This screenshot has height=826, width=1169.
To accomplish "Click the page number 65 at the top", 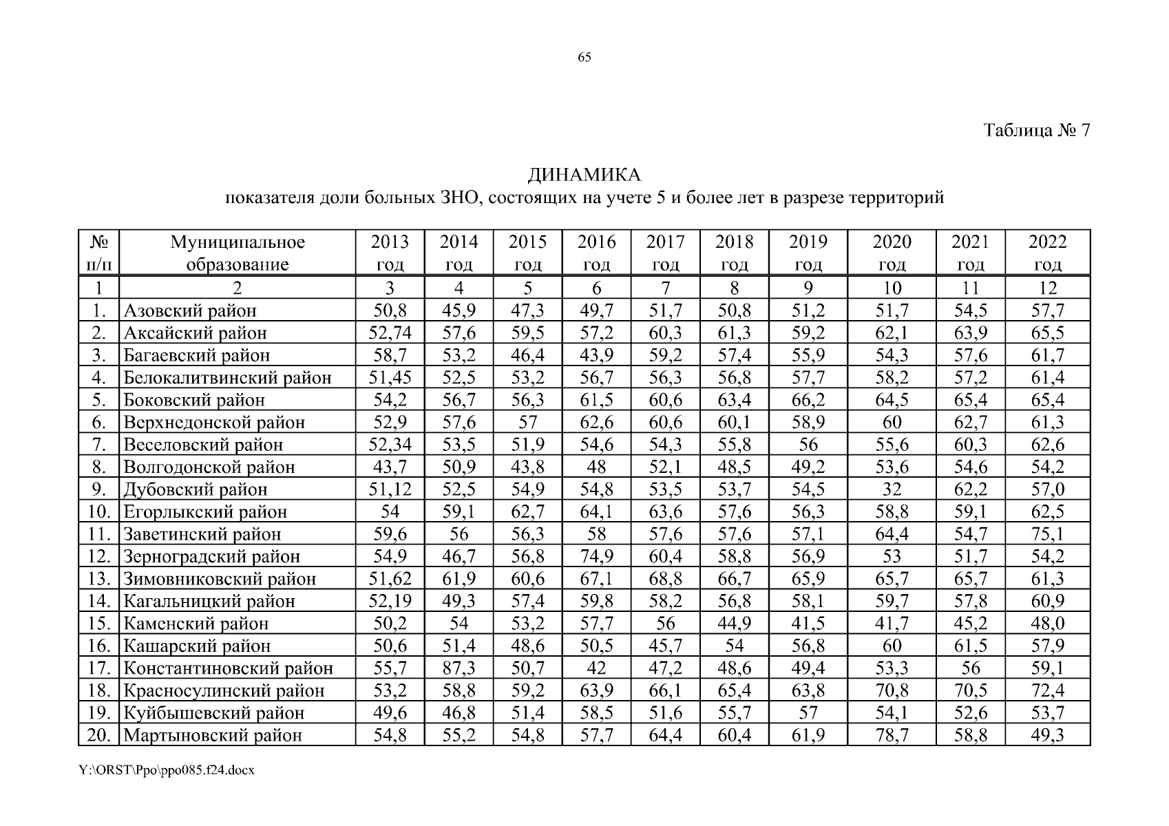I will (584, 58).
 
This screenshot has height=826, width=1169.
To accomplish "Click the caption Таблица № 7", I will (1037, 131).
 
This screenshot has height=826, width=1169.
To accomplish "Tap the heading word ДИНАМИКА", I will (584, 176).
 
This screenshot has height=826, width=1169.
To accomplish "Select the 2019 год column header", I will (808, 253).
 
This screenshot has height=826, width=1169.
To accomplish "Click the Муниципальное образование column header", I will (238, 253).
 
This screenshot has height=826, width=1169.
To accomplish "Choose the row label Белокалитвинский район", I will (227, 378).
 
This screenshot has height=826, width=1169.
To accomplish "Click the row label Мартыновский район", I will (213, 735).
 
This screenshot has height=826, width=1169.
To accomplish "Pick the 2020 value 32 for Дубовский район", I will (892, 489).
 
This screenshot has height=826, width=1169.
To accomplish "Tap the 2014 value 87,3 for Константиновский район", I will (459, 668).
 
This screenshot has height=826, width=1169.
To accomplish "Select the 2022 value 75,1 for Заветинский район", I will (1047, 534).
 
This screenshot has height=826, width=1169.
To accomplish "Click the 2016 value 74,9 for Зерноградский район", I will (596, 556).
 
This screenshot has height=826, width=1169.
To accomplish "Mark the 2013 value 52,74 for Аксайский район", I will (390, 333).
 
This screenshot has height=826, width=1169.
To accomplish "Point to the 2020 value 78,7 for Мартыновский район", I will (892, 735).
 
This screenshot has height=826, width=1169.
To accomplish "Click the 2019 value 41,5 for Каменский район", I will (808, 624).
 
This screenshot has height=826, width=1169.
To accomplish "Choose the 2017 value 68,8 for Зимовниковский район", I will (665, 579).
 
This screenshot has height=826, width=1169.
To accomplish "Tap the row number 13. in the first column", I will (99, 579).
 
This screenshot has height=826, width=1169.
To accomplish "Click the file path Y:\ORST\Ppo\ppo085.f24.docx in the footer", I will (167, 770).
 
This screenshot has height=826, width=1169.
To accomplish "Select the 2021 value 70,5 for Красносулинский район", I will (970, 690).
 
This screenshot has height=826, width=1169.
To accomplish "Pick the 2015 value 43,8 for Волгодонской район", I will (527, 467).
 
